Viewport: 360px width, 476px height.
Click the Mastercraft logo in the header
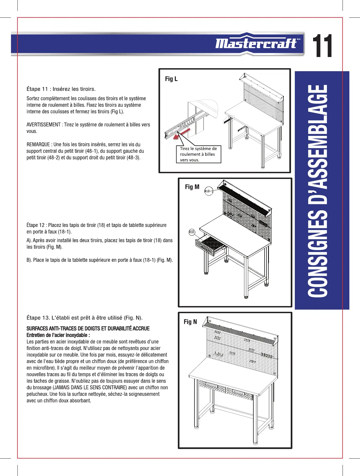pos(256,43)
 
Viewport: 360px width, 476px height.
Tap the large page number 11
pos(322,46)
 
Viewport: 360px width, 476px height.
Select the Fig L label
pos(171,79)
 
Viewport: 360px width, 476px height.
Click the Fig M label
pos(192,187)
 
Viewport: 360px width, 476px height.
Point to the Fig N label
pos(190,322)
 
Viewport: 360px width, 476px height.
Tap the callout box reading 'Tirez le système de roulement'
pos(198,154)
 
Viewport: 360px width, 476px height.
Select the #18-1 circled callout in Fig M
pos(209,191)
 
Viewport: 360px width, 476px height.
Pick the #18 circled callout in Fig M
pos(192,232)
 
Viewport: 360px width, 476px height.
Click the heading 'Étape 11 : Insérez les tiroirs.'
pos(61,89)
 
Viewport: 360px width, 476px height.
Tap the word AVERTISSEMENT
pos(43,125)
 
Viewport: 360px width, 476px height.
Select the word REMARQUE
pos(38,144)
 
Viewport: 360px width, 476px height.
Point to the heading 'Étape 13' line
pos(85,318)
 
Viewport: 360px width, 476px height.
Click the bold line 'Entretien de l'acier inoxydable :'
pos(58,335)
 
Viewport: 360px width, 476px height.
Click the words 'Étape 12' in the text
pos(35,225)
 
